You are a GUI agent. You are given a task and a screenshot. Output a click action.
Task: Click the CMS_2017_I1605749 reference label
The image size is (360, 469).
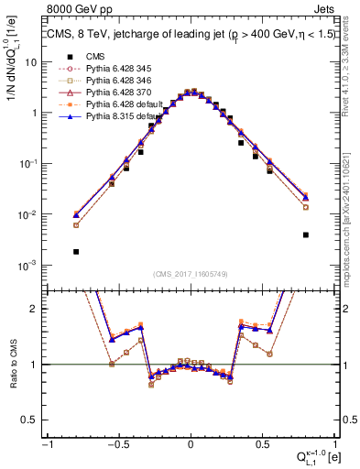click(190, 273)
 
